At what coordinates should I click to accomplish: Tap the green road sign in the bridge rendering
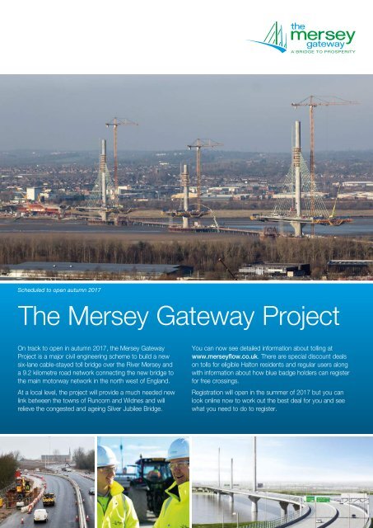315,500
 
